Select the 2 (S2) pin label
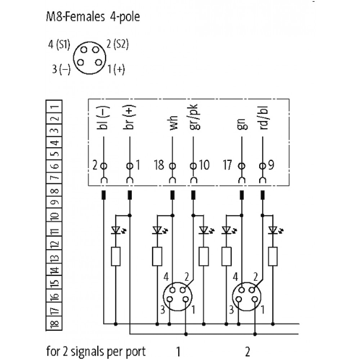tap(118, 45)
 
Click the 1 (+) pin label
tap(116, 69)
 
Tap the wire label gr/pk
tap(194, 117)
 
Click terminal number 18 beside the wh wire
tap(159, 166)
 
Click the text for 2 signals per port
tap(96, 351)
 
